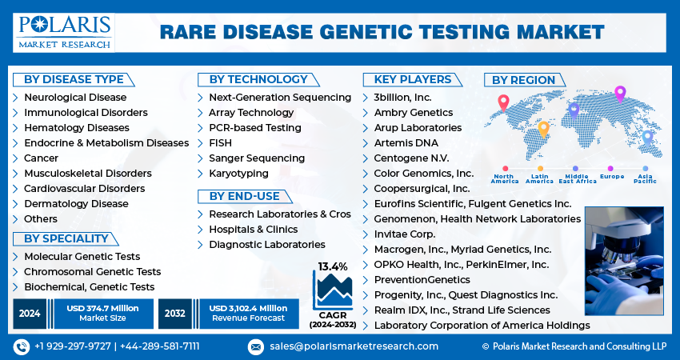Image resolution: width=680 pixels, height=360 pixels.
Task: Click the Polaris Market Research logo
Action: [64, 33]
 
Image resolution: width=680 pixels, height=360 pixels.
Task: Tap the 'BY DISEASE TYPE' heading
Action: [74, 80]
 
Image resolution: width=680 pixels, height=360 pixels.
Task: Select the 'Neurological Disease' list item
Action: [75, 97]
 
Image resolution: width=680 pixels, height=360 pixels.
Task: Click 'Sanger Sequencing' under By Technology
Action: [257, 158]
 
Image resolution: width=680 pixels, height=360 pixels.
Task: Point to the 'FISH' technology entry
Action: [220, 142]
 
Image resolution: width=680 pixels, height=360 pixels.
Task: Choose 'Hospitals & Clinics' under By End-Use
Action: [254, 230]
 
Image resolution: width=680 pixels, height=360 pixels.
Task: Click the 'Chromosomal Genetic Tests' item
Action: [92, 272]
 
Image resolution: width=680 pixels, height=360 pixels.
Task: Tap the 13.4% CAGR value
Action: [333, 266]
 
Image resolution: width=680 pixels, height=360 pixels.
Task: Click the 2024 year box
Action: [30, 313]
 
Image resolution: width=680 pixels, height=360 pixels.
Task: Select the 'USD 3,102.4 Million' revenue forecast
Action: [248, 308]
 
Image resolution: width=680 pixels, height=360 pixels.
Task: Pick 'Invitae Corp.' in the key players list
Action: [405, 234]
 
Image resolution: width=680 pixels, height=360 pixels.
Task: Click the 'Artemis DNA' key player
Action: [406, 143]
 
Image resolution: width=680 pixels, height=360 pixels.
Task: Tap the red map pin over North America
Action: [503, 102]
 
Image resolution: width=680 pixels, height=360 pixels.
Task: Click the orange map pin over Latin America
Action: [543, 130]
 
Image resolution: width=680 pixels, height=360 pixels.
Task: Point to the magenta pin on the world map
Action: [620, 94]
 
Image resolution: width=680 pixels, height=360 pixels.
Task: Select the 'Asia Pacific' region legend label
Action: [645, 178]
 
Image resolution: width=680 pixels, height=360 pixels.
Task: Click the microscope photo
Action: [624, 261]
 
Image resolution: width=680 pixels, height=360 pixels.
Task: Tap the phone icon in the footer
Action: [22, 346]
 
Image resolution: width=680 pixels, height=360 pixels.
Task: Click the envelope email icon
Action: [256, 346]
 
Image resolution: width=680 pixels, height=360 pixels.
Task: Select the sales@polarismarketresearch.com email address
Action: [354, 346]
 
